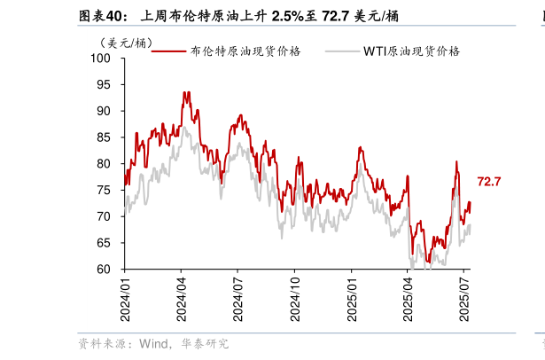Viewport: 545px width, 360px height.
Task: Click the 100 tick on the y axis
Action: pyautogui.click(x=105, y=59)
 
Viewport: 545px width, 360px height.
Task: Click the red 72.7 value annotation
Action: pyautogui.click(x=489, y=182)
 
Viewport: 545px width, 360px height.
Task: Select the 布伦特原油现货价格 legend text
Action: pyautogui.click(x=245, y=51)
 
